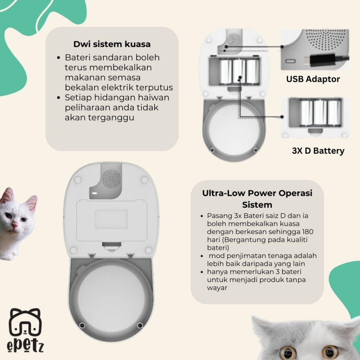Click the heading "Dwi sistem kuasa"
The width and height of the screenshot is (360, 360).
(112, 44)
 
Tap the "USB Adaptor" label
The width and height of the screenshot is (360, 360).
(313, 79)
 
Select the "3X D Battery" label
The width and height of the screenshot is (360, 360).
(318, 151)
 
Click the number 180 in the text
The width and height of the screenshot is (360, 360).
(307, 232)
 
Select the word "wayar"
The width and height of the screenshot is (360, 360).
(217, 288)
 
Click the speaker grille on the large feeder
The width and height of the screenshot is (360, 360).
(111, 179)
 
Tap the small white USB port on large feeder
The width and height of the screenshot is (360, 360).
(94, 193)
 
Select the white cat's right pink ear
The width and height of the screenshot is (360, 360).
(31, 202)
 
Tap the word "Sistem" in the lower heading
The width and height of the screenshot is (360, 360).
(257, 205)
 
